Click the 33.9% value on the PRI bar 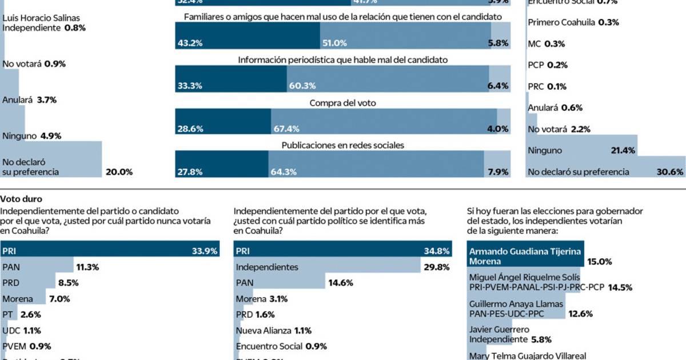206,250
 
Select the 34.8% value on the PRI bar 438,250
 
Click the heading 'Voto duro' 19,199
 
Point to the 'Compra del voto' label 342,103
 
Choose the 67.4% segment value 288,129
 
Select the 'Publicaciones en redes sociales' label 342,145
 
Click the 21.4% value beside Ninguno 622,150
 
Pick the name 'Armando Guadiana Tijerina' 525,251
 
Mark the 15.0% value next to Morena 600,261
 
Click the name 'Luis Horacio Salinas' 42,18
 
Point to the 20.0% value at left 118,171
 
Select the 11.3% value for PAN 88,266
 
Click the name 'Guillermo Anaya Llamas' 516,304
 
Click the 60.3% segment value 304,86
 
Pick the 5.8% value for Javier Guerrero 541,339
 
